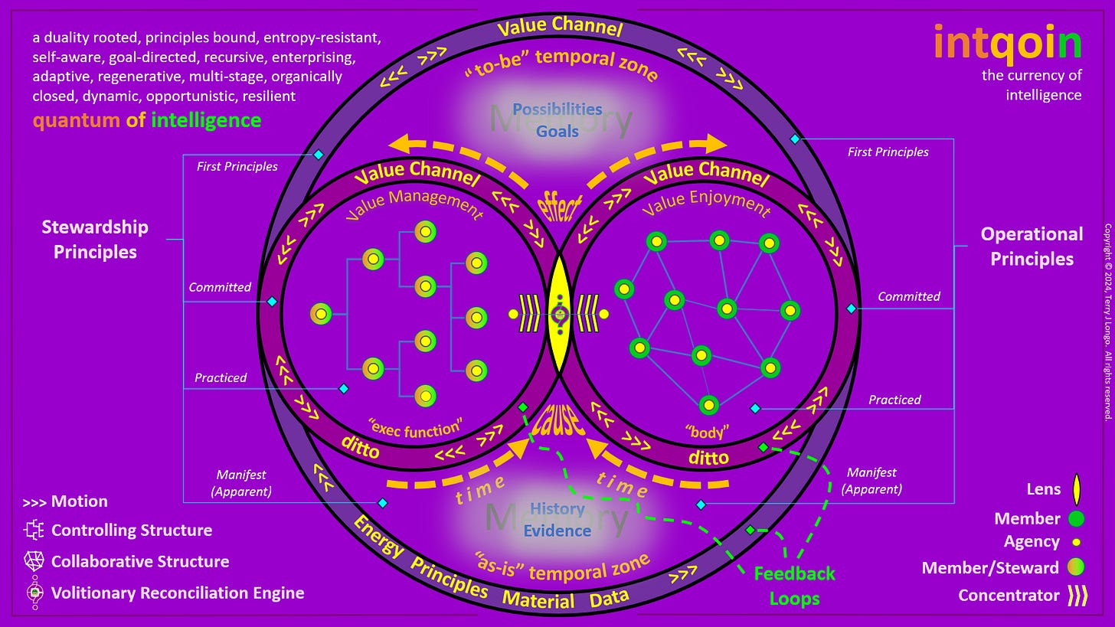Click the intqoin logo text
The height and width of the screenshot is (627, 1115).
pyautogui.click(x=1008, y=43)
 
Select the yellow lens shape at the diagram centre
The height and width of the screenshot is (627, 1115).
pyautogui.click(x=560, y=314)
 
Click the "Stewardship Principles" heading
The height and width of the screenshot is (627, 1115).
pyautogui.click(x=95, y=240)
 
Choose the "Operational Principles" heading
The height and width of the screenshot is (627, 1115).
pyautogui.click(x=1032, y=247)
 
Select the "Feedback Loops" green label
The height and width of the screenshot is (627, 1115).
pyautogui.click(x=794, y=586)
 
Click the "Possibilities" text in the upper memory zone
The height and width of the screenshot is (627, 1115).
pyautogui.click(x=557, y=109)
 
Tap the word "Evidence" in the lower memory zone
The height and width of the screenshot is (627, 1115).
pyautogui.click(x=557, y=531)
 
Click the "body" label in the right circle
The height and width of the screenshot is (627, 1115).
pyautogui.click(x=706, y=433)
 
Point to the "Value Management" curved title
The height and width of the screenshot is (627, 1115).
pyautogui.click(x=414, y=205)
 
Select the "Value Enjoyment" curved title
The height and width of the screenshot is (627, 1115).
pyautogui.click(x=705, y=206)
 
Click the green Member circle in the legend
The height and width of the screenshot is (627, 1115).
pyautogui.click(x=1076, y=519)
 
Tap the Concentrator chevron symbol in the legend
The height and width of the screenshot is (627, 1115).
pyautogui.click(x=1077, y=595)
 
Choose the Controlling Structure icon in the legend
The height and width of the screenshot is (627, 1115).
pyautogui.click(x=34, y=531)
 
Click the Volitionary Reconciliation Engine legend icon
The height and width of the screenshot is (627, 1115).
pyautogui.click(x=34, y=593)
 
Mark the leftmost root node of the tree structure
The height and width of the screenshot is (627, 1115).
pyautogui.click(x=321, y=314)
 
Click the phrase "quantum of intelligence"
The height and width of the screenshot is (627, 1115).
pyautogui.click(x=146, y=120)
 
